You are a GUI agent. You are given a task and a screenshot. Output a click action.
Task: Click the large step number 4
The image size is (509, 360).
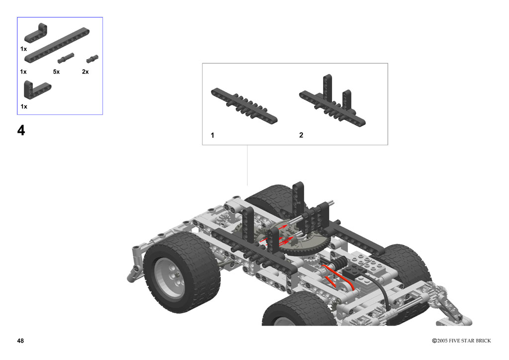click(21, 130)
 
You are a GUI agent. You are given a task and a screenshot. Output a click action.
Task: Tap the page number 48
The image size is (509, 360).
click(20, 341)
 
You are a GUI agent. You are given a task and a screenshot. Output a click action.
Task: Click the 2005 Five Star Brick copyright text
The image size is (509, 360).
click(461, 341)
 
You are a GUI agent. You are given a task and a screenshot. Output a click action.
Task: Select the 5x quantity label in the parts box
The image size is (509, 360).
click(57, 72)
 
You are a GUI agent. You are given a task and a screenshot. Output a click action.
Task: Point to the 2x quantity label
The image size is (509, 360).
click(85, 72)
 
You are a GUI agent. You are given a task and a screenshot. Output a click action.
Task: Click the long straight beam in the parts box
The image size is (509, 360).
click(57, 45)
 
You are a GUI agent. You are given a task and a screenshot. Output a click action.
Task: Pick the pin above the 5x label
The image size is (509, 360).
click(66, 58)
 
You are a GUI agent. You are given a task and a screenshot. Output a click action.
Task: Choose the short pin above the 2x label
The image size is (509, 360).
click(92, 59)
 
